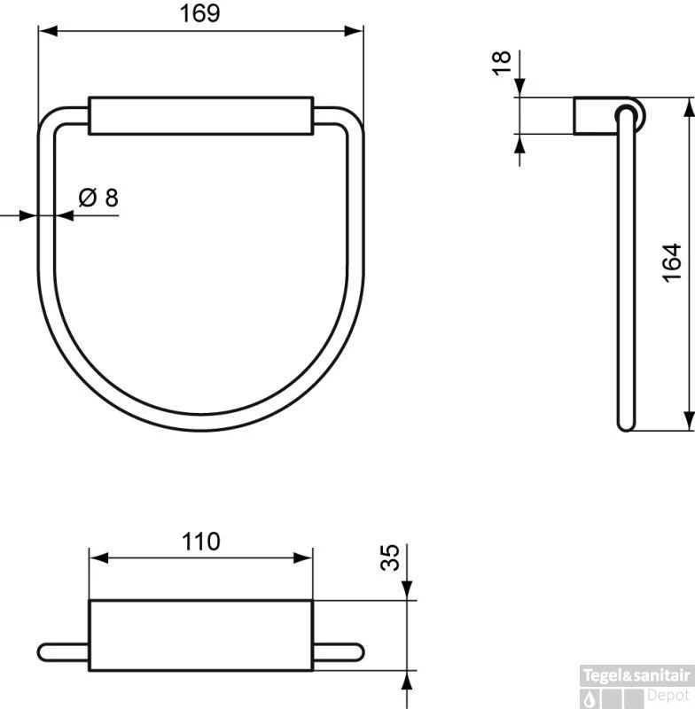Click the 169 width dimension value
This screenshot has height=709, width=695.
(201, 13)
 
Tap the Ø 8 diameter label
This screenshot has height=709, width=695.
(98, 197)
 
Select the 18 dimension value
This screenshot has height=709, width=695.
(502, 63)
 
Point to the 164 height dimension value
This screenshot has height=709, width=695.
(672, 263)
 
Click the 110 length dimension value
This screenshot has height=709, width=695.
(200, 541)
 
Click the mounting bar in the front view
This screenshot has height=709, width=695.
(201, 115)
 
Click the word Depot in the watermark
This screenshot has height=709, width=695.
(669, 697)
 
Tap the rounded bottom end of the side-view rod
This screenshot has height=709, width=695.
(626, 425)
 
